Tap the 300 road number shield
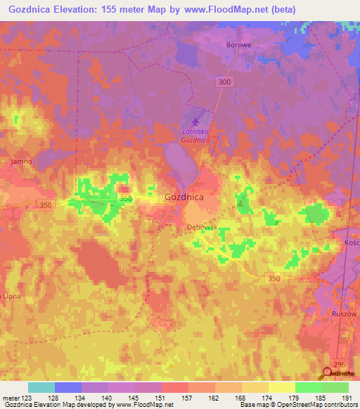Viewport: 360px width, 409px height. point(224,82)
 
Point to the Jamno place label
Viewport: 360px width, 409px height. point(22,161)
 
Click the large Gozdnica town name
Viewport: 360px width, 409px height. point(184,197)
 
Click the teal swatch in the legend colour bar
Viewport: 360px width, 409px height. point(41,387)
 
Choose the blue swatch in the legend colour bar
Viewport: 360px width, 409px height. point(68,387)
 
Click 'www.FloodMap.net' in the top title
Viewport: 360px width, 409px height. point(217,9)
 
